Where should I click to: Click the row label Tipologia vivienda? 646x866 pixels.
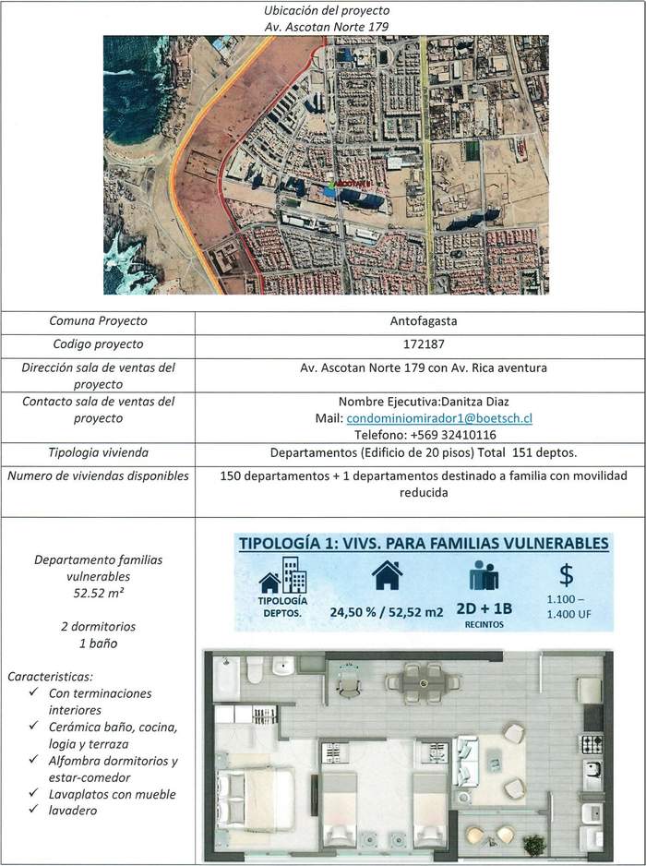tap(99, 453)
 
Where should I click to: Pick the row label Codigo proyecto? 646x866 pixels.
tap(99, 344)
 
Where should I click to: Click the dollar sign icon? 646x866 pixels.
tap(568, 575)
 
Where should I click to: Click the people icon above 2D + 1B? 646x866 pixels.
tap(483, 577)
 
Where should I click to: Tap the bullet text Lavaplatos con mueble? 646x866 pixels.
tap(113, 794)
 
